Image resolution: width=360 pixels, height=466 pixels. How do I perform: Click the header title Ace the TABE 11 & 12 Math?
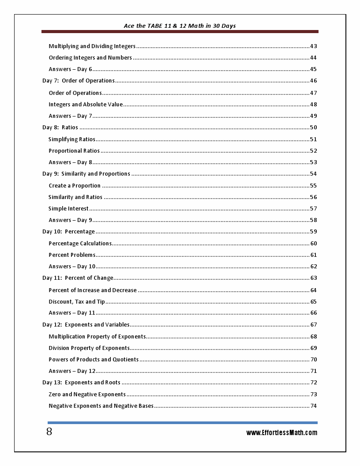pos(180,26)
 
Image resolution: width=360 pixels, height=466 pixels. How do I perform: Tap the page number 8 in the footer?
pos(49,432)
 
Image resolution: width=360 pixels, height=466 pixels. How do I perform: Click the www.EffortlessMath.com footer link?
pos(281,432)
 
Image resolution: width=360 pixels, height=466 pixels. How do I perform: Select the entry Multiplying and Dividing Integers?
pos(92,46)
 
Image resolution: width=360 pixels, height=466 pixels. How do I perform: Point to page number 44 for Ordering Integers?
pos(313,58)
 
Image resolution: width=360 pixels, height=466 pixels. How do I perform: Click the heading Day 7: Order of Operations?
pos(79,81)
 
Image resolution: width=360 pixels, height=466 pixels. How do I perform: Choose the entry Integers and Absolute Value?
pos(86,105)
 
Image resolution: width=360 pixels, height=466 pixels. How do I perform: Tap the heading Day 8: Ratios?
pos(60,128)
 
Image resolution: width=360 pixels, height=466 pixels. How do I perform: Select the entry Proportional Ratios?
pos(74,151)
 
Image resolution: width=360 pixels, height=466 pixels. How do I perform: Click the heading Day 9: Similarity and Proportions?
pos(86,174)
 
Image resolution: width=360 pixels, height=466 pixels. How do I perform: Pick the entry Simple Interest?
pos(68,209)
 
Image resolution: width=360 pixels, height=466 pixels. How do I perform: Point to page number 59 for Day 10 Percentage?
pos(313,232)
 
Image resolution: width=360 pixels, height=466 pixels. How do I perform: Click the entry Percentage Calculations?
pos(80,244)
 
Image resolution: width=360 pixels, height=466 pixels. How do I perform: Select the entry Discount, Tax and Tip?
pos(77,302)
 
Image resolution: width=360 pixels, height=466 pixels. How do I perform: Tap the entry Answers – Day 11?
pos(72,313)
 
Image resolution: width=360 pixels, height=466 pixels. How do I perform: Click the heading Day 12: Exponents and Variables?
pos(86,325)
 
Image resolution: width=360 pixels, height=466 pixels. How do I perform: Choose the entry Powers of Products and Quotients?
pos(94,360)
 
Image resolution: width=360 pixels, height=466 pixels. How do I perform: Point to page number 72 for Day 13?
pos(313,383)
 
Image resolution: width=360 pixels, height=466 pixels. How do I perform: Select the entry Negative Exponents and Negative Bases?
pos(101,406)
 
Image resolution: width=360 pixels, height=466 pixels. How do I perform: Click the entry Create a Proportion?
pos(75,186)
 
